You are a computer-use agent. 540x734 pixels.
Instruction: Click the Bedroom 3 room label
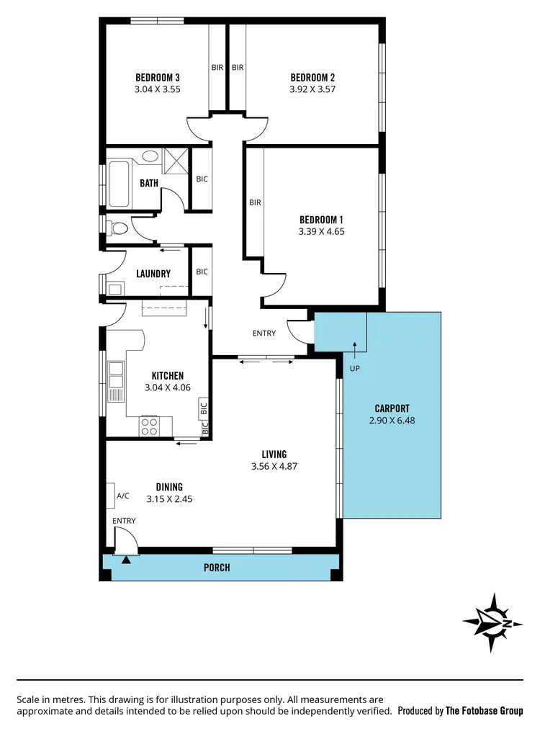(157, 78)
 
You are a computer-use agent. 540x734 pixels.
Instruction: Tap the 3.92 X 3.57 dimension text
(312, 90)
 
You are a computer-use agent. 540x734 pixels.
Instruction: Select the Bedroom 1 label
(320, 220)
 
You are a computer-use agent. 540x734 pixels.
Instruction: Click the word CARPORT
(392, 408)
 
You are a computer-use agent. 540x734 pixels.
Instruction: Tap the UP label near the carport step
(354, 368)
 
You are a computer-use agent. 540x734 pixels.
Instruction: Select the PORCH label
(217, 568)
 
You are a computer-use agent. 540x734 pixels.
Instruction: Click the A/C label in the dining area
(122, 496)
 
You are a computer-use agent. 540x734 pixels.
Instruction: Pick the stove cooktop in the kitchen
(150, 426)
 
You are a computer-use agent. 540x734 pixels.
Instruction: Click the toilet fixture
(117, 229)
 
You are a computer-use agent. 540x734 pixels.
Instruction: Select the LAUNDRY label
(153, 274)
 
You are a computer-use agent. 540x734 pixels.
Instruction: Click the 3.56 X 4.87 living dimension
(274, 466)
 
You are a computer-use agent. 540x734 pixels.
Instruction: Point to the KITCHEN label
(167, 376)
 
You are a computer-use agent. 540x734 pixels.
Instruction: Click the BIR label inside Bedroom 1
(255, 202)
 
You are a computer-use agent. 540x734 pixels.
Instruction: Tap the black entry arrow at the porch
(127, 558)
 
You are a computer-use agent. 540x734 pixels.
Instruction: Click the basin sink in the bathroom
(150, 156)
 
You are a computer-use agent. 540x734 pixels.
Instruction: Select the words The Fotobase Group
(484, 711)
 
